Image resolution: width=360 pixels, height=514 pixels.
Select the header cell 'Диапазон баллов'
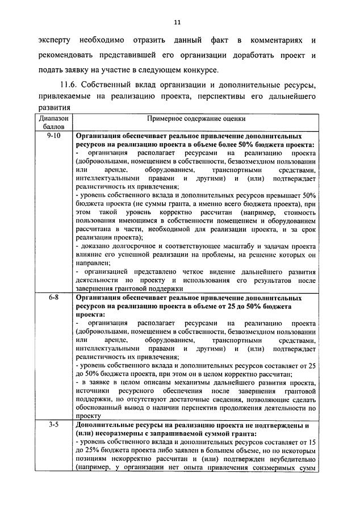(x=54, y=124)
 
